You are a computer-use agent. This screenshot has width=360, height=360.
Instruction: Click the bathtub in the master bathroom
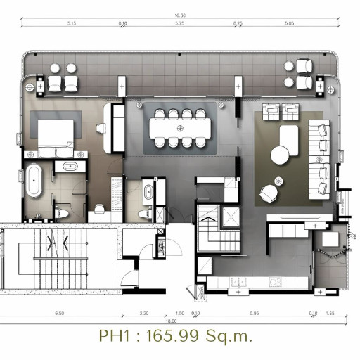[x=34, y=180]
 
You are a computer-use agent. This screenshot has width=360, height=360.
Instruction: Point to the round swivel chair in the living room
[x=268, y=190]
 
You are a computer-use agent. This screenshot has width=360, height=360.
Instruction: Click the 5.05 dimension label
[x=290, y=24]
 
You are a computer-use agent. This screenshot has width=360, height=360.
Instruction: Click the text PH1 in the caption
[x=114, y=335]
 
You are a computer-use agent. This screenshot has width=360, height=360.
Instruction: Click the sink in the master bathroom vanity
[x=69, y=167]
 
